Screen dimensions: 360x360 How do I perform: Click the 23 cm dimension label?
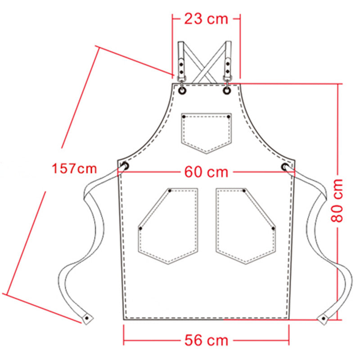coord(206,19)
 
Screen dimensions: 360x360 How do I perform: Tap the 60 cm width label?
coord(206,172)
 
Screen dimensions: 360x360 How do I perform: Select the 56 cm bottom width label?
coord(206,340)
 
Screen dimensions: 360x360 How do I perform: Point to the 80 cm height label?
coord(337,200)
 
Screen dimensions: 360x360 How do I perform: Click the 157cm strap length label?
coord(74,168)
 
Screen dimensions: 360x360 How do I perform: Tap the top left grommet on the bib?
coord(182,91)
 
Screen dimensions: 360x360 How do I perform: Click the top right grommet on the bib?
coord(227,91)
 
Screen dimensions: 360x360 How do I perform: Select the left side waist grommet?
coord(126,166)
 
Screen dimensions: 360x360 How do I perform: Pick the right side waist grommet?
coord(285,166)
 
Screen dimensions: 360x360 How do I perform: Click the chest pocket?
coord(207,133)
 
